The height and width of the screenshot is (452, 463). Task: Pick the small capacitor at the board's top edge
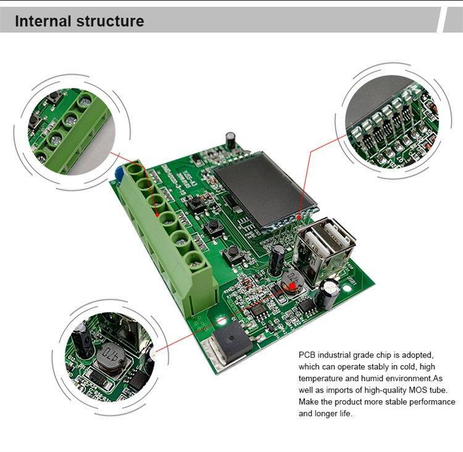[x=230, y=138]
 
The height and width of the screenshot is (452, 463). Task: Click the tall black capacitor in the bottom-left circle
[x=81, y=340]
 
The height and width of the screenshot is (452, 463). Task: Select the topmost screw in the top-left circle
[x=85, y=98]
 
